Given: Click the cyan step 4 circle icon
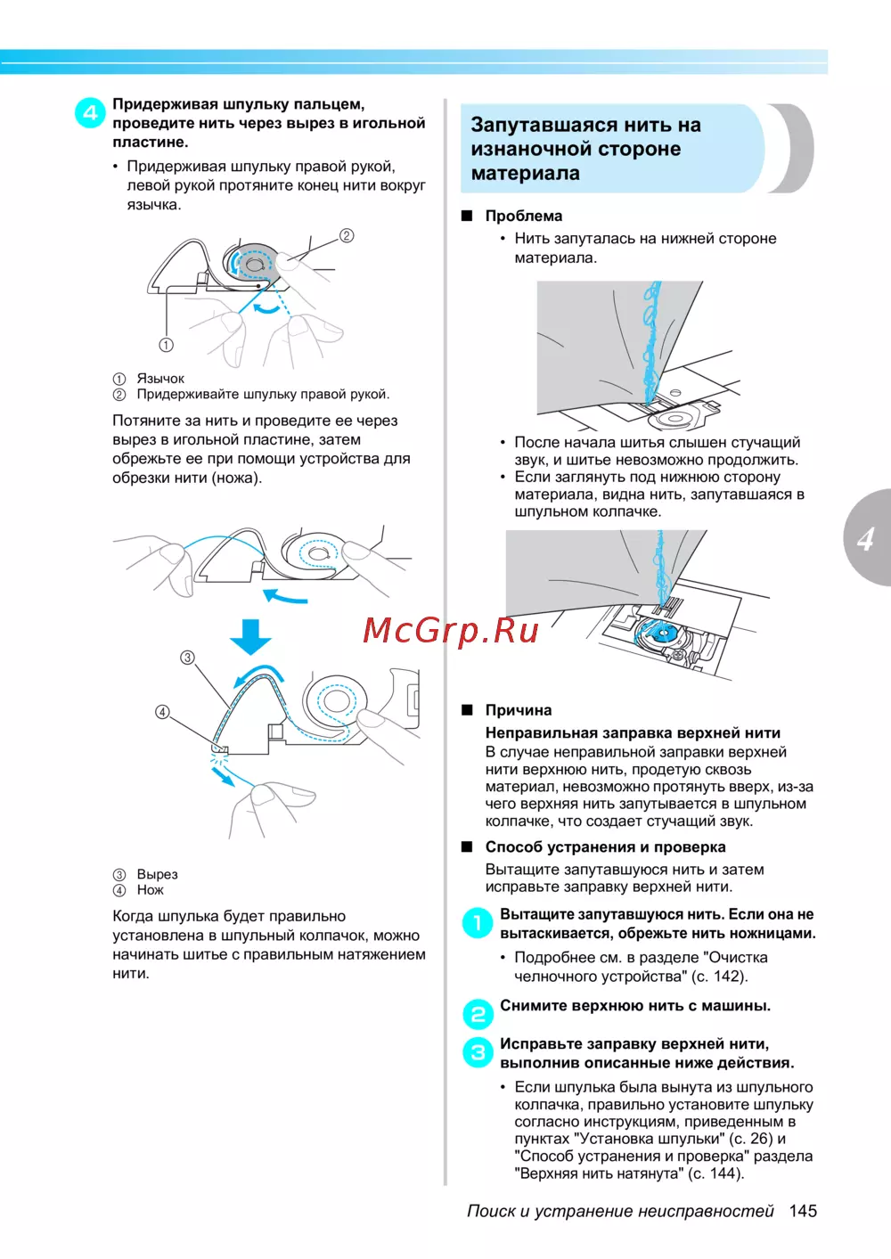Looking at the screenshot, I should (90, 113).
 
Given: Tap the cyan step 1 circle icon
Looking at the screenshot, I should (478, 923).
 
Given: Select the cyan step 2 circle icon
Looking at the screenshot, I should (478, 1014).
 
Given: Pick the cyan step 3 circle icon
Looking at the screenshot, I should (478, 1052).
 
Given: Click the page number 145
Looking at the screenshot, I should (803, 1211).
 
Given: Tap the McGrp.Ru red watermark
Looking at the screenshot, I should (451, 630).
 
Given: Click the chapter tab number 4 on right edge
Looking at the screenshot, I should (865, 538).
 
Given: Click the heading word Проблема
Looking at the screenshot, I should (524, 216).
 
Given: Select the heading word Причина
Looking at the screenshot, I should (519, 710).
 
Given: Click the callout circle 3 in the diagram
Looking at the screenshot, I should (187, 658).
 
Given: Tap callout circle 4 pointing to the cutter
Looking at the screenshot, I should (162, 712).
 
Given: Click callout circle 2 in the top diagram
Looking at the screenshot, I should (347, 235).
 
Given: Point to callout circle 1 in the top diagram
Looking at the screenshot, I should (167, 345).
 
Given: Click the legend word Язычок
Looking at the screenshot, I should (160, 379).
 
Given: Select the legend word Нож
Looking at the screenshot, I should (151, 890).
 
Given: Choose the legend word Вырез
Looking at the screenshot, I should (157, 874).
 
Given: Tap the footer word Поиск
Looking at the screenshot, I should (491, 1211).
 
